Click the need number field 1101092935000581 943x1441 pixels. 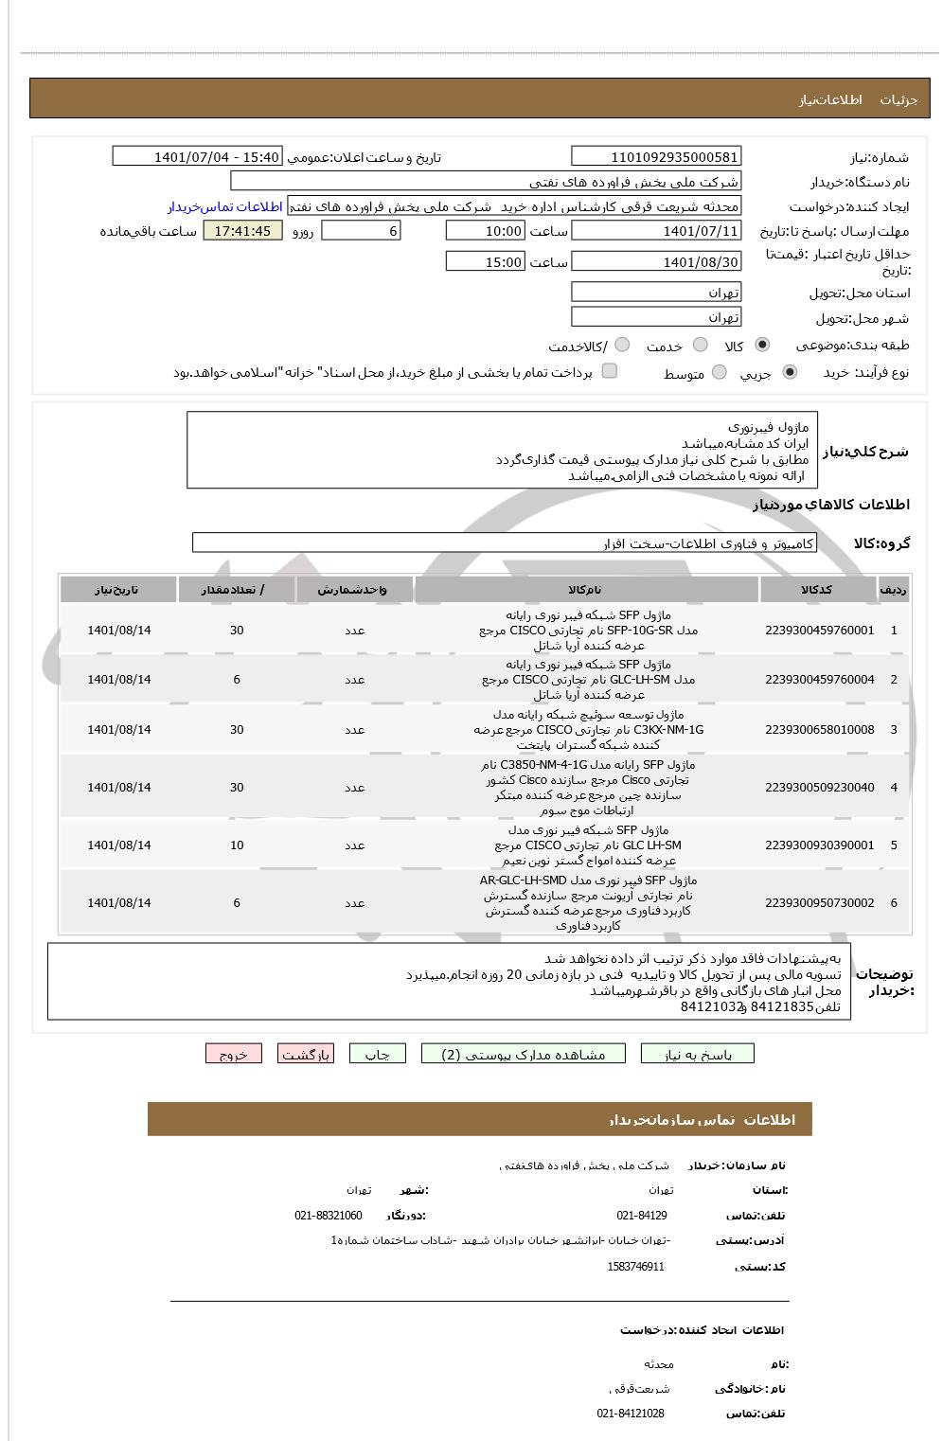pyautogui.click(x=656, y=157)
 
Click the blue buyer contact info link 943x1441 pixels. pyautogui.click(x=225, y=206)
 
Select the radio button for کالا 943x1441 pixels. pyautogui.click(x=762, y=346)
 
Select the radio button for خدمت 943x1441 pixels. pyautogui.click(x=701, y=346)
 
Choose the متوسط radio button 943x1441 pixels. pyautogui.click(x=720, y=373)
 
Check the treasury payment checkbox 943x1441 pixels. pyautogui.click(x=610, y=371)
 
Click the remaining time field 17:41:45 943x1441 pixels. pyautogui.click(x=242, y=231)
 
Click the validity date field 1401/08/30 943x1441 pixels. pyautogui.click(x=656, y=262)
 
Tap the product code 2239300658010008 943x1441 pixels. pyautogui.click(x=819, y=730)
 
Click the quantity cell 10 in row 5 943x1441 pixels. pyautogui.click(x=237, y=845)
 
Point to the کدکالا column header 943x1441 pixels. pyautogui.click(x=816, y=590)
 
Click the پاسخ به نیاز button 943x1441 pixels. pyautogui.click(x=698, y=1054)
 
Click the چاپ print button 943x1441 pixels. pyautogui.click(x=377, y=1054)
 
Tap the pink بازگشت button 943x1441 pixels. pyautogui.click(x=305, y=1054)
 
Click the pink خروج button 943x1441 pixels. pyautogui.click(x=233, y=1054)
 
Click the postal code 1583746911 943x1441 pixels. pyautogui.click(x=635, y=1267)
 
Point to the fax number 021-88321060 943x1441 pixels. pyautogui.click(x=328, y=1216)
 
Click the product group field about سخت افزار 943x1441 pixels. pyautogui.click(x=504, y=543)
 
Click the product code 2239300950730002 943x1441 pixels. pyautogui.click(x=819, y=903)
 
